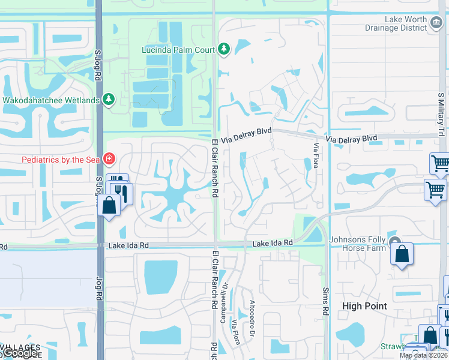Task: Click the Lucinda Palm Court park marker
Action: coord(224,49)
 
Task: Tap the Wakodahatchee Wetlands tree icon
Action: coord(109,99)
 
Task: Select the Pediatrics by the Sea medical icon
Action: coord(109,159)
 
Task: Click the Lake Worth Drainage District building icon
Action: coord(436,20)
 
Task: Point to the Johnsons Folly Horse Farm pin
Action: coord(395,242)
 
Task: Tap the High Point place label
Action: coord(364,306)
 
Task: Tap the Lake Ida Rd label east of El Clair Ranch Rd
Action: coord(272,243)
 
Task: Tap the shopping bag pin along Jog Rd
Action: coord(109,205)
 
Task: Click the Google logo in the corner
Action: coord(20,353)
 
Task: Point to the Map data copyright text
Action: coord(424,355)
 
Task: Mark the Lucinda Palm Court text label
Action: coord(178,49)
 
